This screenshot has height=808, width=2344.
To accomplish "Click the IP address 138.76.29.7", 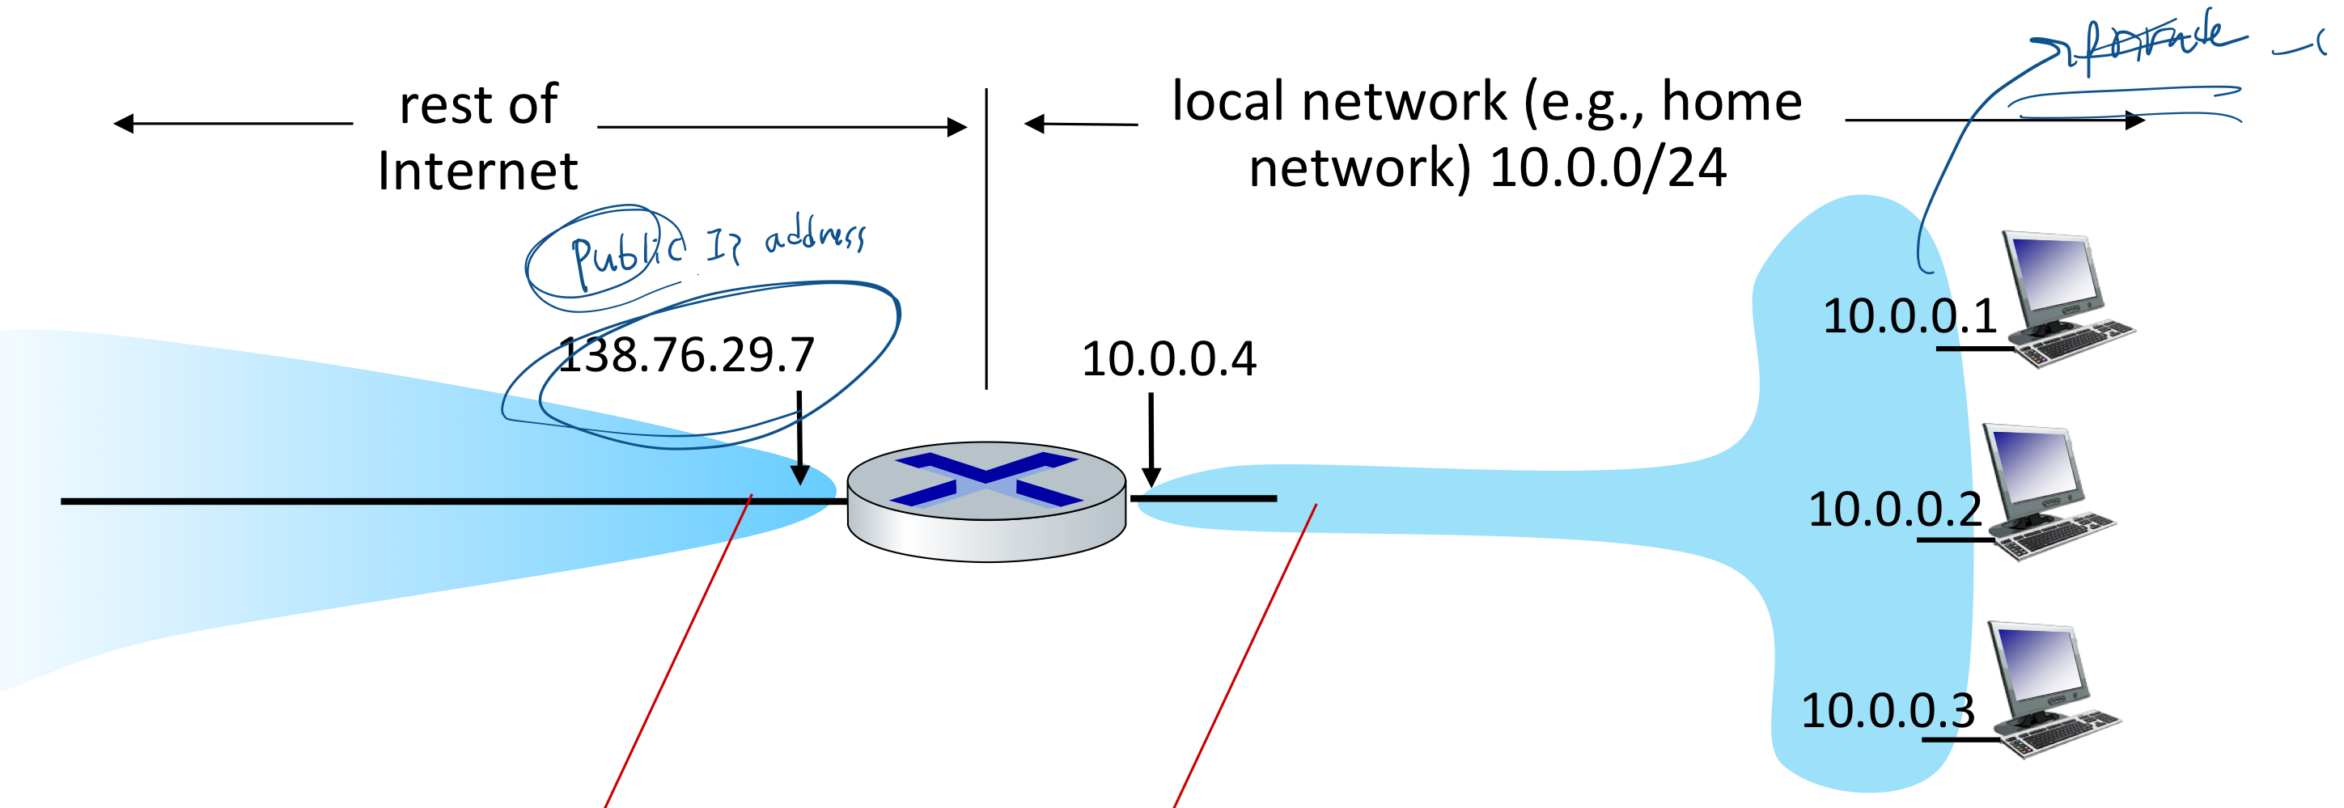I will pos(685,355).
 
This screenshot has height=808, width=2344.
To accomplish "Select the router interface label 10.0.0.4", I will pos(1168,358).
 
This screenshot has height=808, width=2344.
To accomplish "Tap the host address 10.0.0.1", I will pos(1909,317).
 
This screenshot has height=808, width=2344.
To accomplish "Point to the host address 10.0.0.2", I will pos(1894,509).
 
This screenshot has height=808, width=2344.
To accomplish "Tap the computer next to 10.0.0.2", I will pos(2047,492).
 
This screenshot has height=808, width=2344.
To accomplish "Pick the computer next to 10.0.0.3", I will pos(2052,690).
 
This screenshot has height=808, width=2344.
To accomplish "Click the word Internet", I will pos(477,171).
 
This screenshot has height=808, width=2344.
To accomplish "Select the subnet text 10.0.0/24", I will pos(1608,168).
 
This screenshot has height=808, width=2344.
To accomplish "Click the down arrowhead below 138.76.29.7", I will pos(800,474).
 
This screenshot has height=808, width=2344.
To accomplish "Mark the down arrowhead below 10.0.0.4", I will pos(1151,477).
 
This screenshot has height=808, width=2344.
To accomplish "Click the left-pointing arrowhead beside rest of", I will pos(124,124).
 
